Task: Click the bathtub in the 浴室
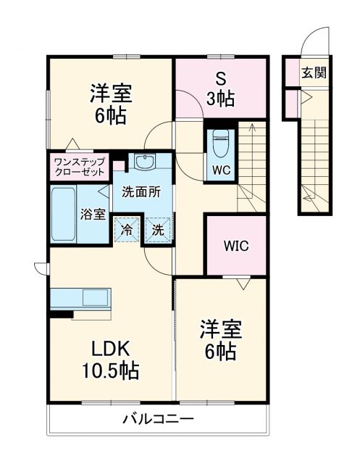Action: [x=64, y=215]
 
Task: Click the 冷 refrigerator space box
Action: [x=126, y=231]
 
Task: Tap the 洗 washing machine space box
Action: [x=158, y=231]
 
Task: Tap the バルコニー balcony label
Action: [x=157, y=420]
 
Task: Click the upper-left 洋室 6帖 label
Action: [x=110, y=103]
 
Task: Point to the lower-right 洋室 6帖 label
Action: [x=217, y=340]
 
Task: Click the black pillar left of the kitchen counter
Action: [x=63, y=315]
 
